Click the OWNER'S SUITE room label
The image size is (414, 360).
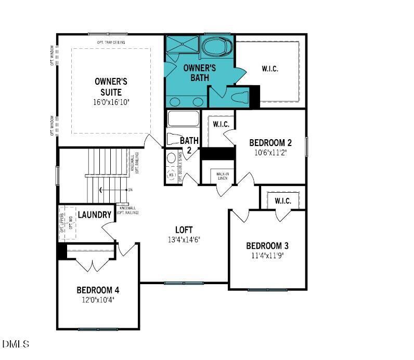[x=111, y=87]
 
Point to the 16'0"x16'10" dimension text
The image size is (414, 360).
[x=111, y=102]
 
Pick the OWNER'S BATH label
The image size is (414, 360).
[x=199, y=73]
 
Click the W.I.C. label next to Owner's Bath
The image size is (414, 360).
[x=269, y=69]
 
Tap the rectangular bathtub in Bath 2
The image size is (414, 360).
[x=183, y=119]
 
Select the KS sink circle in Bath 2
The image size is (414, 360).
[x=171, y=175]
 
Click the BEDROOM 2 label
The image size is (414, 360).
[x=270, y=143]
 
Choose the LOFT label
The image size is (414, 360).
[x=184, y=230]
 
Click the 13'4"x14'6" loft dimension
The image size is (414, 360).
[x=184, y=239]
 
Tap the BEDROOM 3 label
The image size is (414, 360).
[x=267, y=246]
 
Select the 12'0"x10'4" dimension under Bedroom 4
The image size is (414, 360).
[x=98, y=300]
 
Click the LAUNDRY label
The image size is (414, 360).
[x=95, y=215]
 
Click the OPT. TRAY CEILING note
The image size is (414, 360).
[x=111, y=42]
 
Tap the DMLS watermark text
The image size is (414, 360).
[x=16, y=344]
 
